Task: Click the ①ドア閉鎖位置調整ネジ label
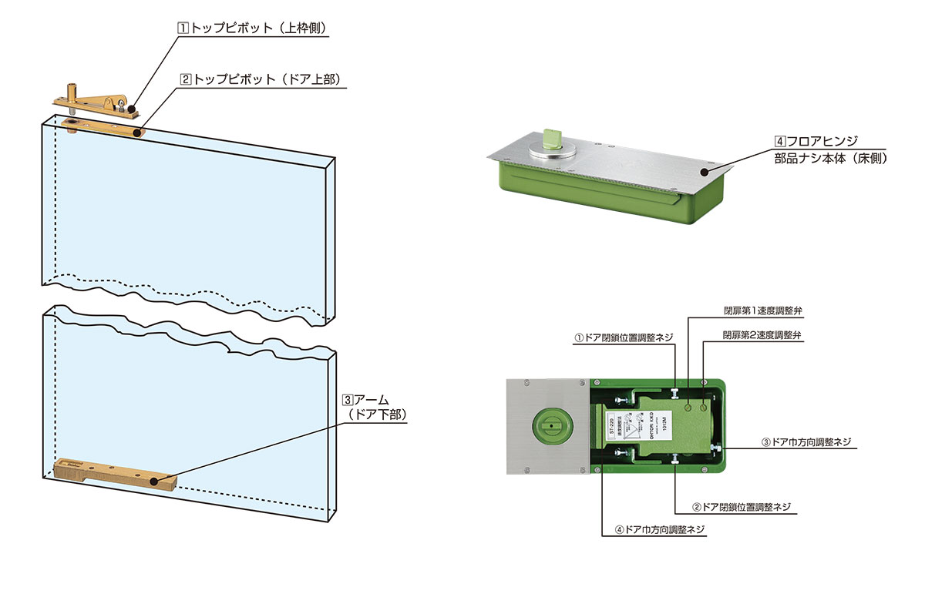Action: coord(624,337)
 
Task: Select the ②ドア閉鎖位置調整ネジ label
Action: coord(742,508)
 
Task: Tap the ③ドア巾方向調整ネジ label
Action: coord(806,442)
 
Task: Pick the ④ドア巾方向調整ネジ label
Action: coord(660,530)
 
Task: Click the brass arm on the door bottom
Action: coord(116,471)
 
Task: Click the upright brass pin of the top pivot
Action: coord(73,90)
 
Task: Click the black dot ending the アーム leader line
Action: coord(154,482)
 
